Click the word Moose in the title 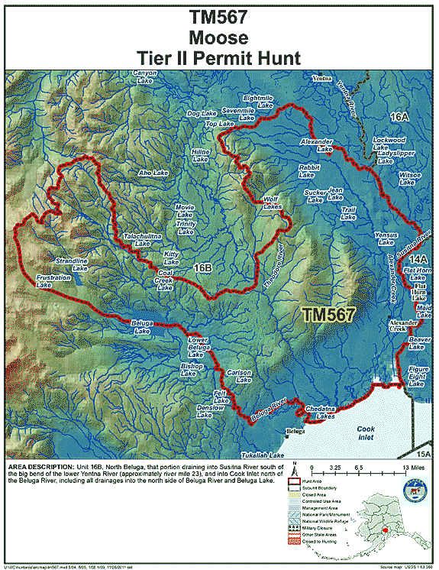click(x=219, y=36)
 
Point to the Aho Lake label click(x=153, y=173)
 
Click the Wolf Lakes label click(x=273, y=202)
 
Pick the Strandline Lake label click(x=73, y=264)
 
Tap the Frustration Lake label click(x=53, y=281)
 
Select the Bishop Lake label click(x=191, y=370)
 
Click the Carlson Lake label click(x=240, y=376)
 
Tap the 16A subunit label click(x=400, y=116)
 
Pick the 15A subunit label click(x=424, y=454)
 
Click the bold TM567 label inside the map click(x=328, y=314)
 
